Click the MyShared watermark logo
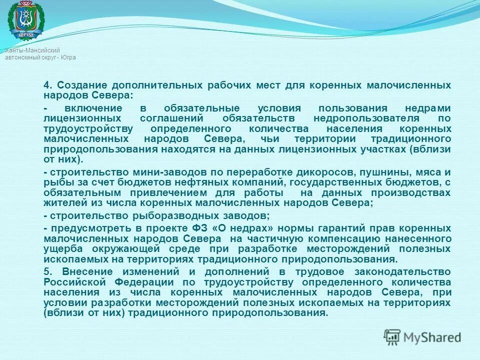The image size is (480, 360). click(x=422, y=336)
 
